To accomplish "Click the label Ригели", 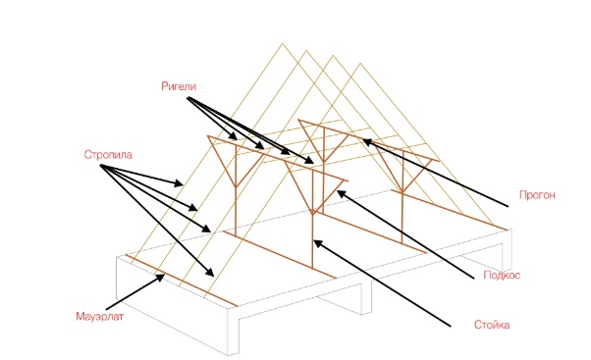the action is pyautogui.click(x=179, y=86).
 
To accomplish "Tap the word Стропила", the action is pyautogui.click(x=108, y=155).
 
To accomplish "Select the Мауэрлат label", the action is pyautogui.click(x=99, y=316).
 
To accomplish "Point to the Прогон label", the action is pyautogui.click(x=537, y=195).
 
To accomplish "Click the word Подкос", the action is pyautogui.click(x=502, y=275).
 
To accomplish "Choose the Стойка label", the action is pyautogui.click(x=492, y=325).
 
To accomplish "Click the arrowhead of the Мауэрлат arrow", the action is pyautogui.click(x=161, y=278).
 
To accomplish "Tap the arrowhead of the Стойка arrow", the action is pyautogui.click(x=317, y=243).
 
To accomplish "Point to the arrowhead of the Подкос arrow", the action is pyautogui.click(x=341, y=193).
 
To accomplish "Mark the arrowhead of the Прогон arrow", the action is pyautogui.click(x=366, y=142).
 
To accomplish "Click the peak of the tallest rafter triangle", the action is pyautogui.click(x=282, y=43).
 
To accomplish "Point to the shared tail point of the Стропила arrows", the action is pyautogui.click(x=101, y=166).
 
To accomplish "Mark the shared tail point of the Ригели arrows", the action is pyautogui.click(x=188, y=97).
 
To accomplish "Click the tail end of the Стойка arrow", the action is pyautogui.click(x=451, y=326).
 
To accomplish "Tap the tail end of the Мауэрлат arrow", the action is pyautogui.click(x=106, y=310).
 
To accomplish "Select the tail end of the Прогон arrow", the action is pyautogui.click(x=509, y=206).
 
